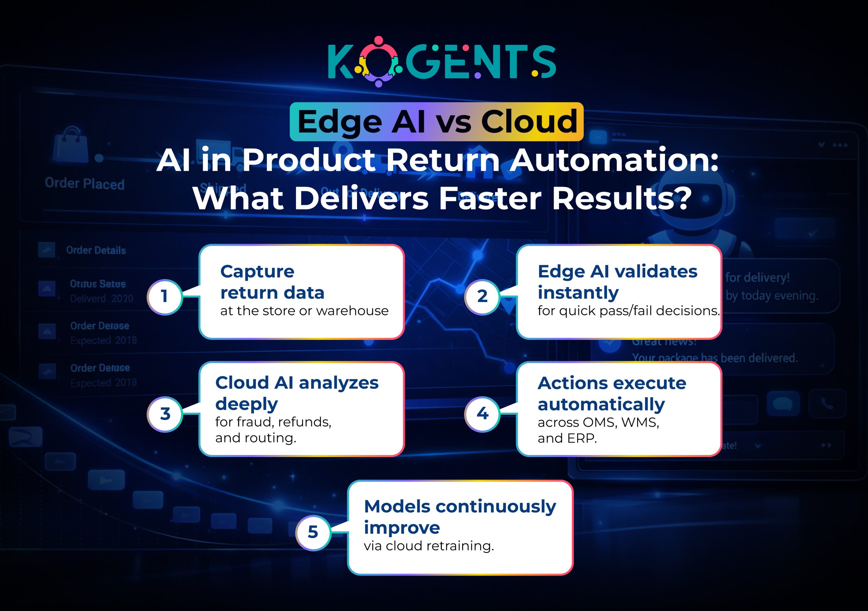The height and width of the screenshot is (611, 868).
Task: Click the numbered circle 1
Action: pos(164,297)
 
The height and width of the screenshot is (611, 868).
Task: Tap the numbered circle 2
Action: pos(482,297)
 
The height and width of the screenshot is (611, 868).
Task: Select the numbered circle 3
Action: pos(165,414)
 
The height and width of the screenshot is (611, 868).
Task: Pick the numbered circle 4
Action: pos(482,414)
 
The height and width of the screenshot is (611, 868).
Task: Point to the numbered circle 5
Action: pos(313,533)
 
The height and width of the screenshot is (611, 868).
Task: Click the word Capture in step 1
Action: pos(257,272)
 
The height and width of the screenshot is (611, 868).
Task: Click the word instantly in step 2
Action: pos(578,293)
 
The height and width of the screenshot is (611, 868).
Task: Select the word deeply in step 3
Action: pos(246,404)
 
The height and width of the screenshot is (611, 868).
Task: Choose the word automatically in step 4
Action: pos(601,404)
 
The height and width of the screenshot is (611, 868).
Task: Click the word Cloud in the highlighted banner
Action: pos(529,122)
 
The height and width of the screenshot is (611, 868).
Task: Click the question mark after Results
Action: pos(683,198)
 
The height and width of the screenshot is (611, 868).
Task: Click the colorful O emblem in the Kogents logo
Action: pos(379,62)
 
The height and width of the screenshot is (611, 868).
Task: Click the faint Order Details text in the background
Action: pos(96,250)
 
